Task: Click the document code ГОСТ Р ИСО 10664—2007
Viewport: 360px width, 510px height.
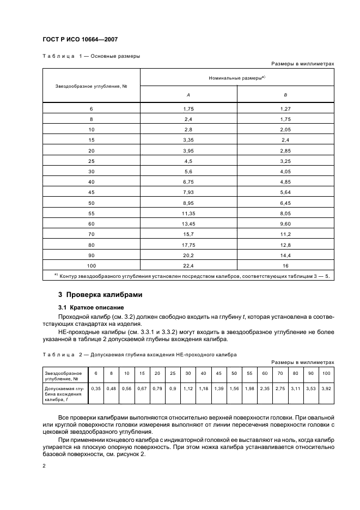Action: pyautogui.click(x=81, y=40)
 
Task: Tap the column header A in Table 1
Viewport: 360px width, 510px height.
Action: pyautogui.click(x=188, y=95)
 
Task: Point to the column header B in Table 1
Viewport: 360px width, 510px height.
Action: pyautogui.click(x=285, y=95)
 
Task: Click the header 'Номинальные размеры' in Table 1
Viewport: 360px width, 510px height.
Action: pyautogui.click(x=237, y=78)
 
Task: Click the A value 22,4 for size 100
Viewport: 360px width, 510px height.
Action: pyautogui.click(x=188, y=265)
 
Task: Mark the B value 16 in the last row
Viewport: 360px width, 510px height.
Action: pyautogui.click(x=285, y=265)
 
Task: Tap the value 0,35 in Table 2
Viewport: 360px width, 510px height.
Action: pyautogui.click(x=96, y=388)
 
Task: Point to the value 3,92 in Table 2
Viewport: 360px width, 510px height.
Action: pyautogui.click(x=326, y=388)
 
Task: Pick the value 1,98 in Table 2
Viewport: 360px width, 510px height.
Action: pyautogui.click(x=249, y=388)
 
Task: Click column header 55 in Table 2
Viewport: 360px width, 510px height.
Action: pyautogui.click(x=249, y=373)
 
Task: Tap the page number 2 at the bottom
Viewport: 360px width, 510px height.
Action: pyautogui.click(x=44, y=466)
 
